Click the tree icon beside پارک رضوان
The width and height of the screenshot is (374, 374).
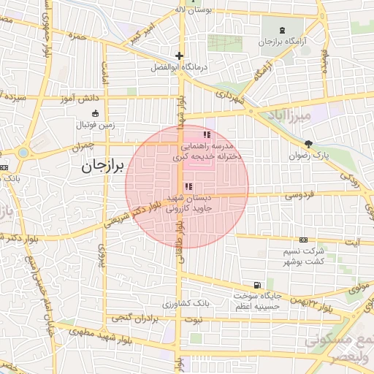pyautogui.click(x=309, y=144)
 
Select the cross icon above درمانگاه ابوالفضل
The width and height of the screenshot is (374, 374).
pyautogui.click(x=179, y=56)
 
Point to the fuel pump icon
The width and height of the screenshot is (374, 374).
pyautogui.click(x=256, y=285)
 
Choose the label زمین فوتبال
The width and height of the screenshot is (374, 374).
pyautogui.click(x=96, y=124)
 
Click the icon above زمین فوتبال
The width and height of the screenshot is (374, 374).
pyautogui.click(x=96, y=113)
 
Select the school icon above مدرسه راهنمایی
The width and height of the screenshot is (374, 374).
pyautogui.click(x=207, y=134)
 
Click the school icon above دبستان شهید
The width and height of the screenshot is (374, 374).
pyautogui.click(x=189, y=187)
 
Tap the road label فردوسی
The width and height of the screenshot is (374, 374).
pyautogui.click(x=299, y=195)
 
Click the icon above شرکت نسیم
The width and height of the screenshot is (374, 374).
pyautogui.click(x=304, y=240)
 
